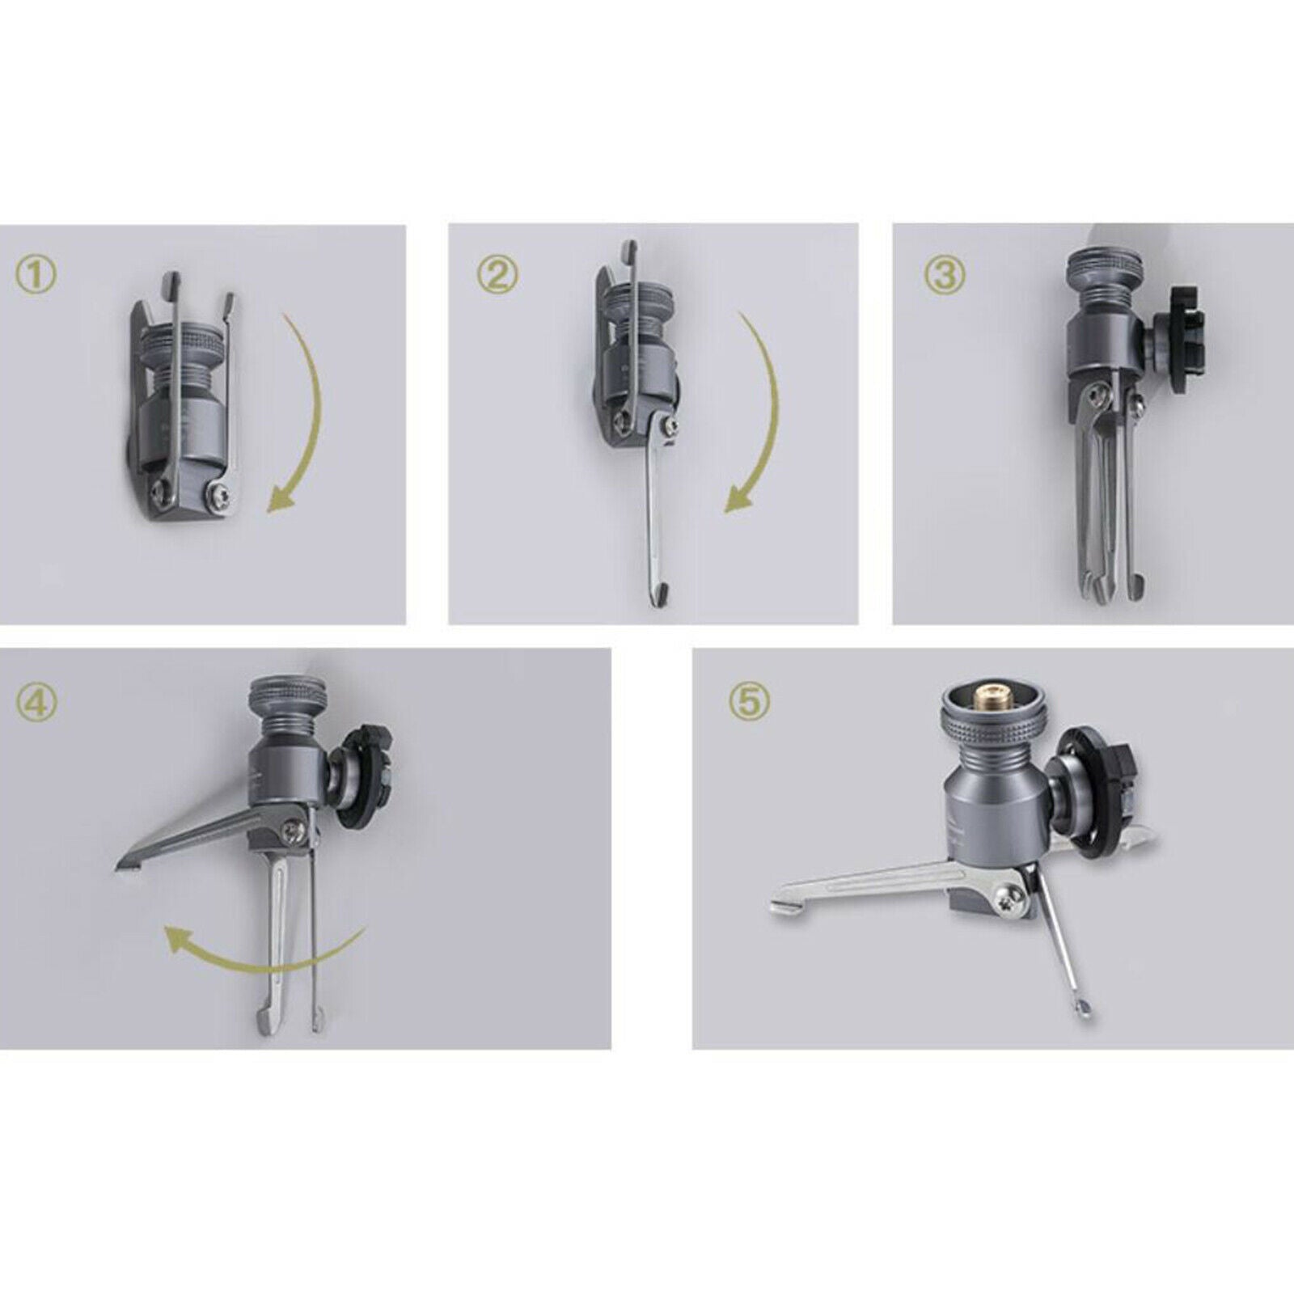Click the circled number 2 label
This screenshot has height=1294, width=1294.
(x=496, y=276)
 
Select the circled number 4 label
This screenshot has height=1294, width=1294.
(x=36, y=701)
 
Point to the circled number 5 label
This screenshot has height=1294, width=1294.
(x=750, y=700)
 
